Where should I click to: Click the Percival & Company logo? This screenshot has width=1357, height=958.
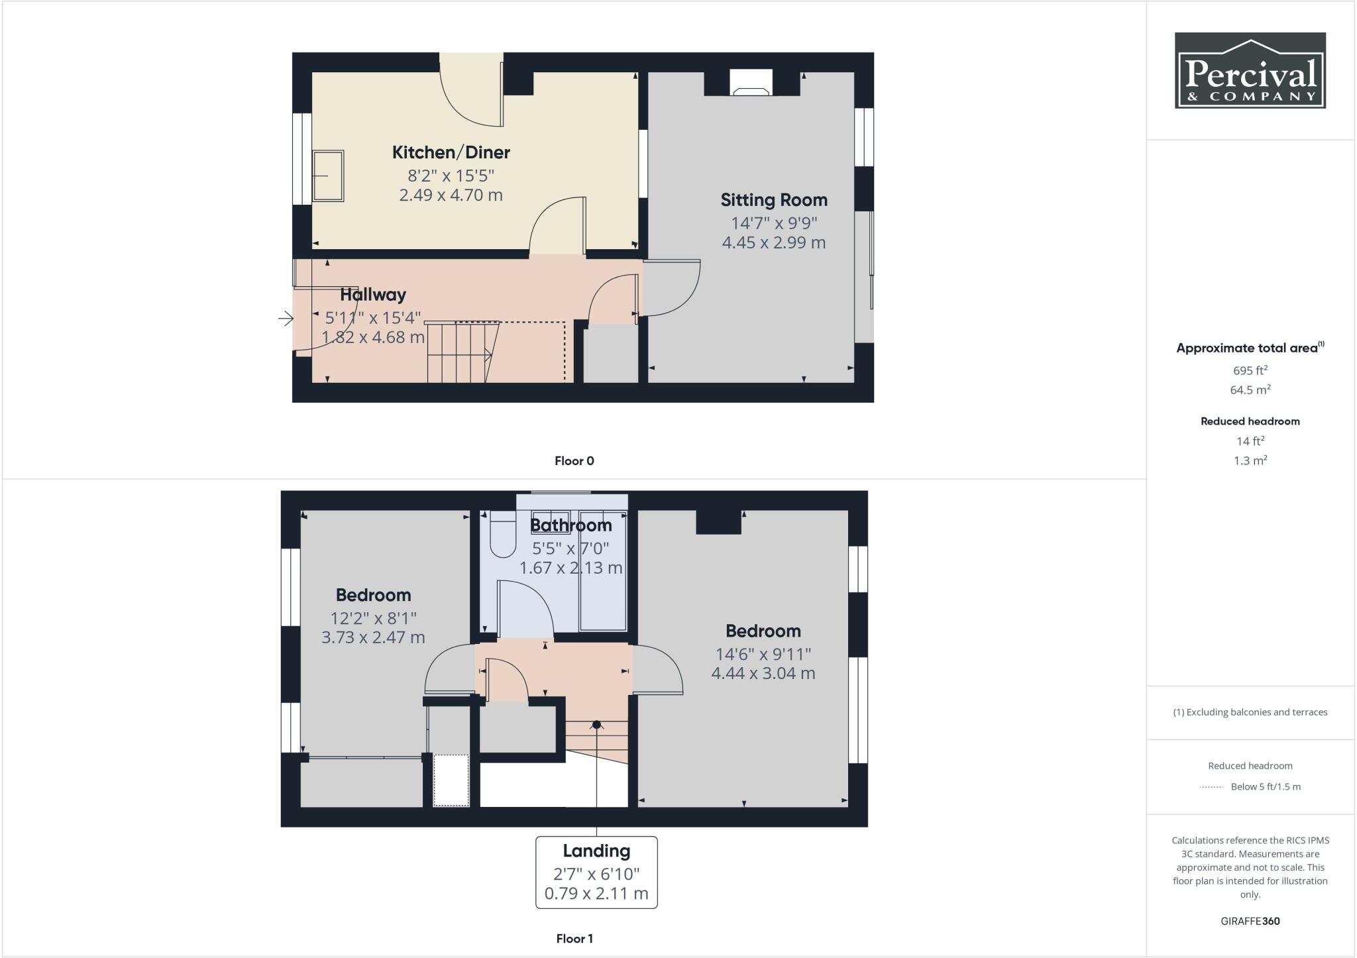[1250, 70]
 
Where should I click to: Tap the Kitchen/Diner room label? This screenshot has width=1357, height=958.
[451, 152]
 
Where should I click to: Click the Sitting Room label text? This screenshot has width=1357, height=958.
[773, 200]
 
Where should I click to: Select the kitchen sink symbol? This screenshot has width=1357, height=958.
[328, 176]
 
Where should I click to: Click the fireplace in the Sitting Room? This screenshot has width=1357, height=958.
[751, 83]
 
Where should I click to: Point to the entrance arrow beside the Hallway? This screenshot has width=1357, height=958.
[286, 319]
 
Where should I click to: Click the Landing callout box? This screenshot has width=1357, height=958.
[596, 872]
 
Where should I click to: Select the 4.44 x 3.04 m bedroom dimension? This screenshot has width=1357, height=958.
[763, 673]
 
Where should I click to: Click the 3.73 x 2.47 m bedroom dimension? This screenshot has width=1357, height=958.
[373, 637]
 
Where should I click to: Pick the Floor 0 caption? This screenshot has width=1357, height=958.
[574, 461]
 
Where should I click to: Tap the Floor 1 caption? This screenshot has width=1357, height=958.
[574, 939]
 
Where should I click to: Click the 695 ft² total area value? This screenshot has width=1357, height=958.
[1250, 370]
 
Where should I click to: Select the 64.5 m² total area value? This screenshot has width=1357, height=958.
[1250, 390]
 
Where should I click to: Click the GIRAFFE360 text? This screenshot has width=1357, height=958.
[1250, 921]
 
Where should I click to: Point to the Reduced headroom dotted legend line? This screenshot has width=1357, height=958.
[1211, 787]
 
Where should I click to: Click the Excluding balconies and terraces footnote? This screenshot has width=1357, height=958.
[1250, 712]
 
